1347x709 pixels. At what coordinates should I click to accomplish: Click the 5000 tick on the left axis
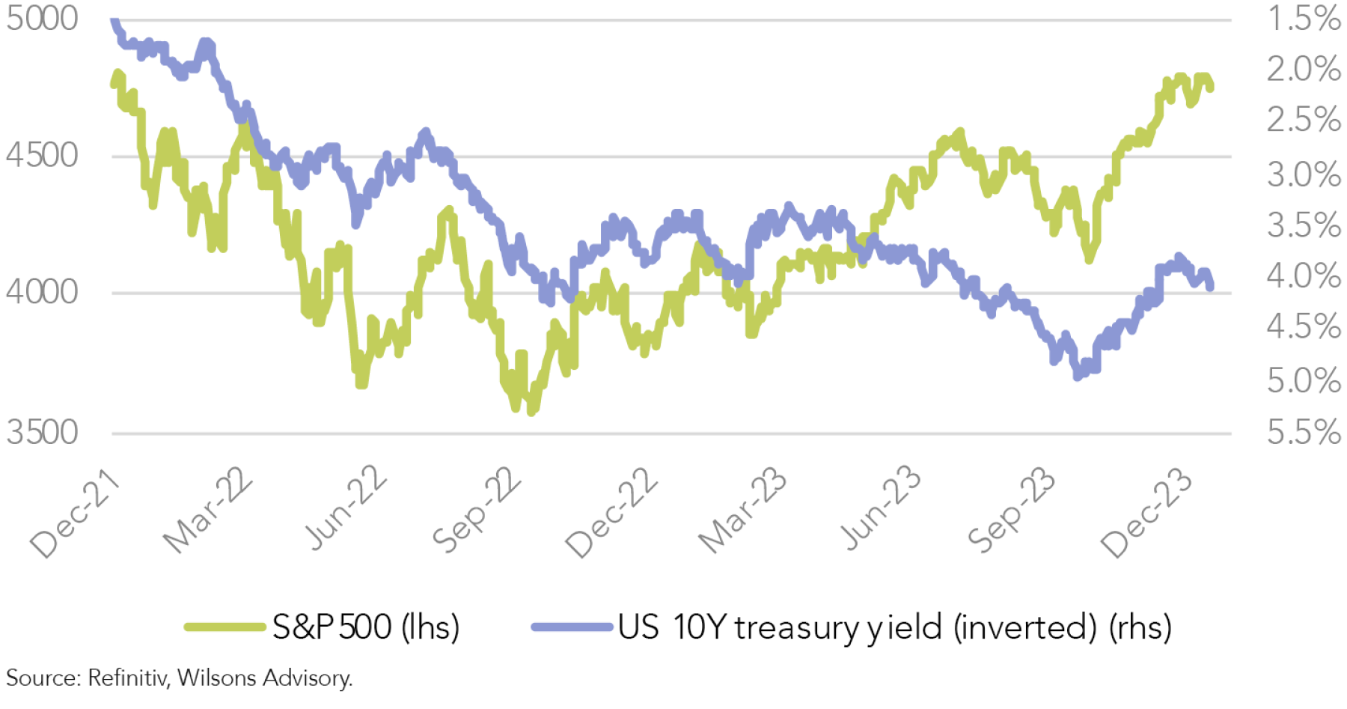[42, 19]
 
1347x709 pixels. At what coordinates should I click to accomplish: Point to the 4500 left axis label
[42, 156]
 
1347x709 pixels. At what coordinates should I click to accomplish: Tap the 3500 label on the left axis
[42, 433]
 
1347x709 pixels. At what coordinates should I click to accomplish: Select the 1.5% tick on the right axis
[1303, 19]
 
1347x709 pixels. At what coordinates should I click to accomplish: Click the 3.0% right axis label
[1303, 175]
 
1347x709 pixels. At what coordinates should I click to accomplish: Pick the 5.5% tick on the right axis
[1303, 433]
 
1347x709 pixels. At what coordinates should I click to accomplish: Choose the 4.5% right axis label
[1303, 327]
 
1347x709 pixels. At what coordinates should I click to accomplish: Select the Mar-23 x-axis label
[742, 511]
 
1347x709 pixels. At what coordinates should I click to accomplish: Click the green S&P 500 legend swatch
[224, 627]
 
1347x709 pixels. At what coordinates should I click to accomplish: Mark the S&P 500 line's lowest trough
[531, 411]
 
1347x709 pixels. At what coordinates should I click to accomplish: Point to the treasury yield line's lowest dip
[1078, 377]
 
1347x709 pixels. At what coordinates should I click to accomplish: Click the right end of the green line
[1211, 88]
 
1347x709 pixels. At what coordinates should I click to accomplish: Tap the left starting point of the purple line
[113, 21]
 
